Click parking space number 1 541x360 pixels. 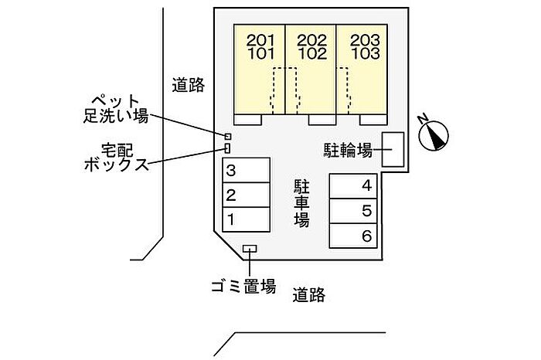(x=246, y=219)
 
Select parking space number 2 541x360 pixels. (x=246, y=195)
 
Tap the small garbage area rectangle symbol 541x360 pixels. (x=250, y=249)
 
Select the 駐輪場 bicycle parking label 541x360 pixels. (x=347, y=150)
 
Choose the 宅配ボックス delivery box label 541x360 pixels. (x=116, y=156)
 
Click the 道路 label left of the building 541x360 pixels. (x=188, y=85)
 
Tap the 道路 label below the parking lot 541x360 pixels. (x=308, y=294)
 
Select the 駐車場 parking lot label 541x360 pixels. (x=301, y=203)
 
